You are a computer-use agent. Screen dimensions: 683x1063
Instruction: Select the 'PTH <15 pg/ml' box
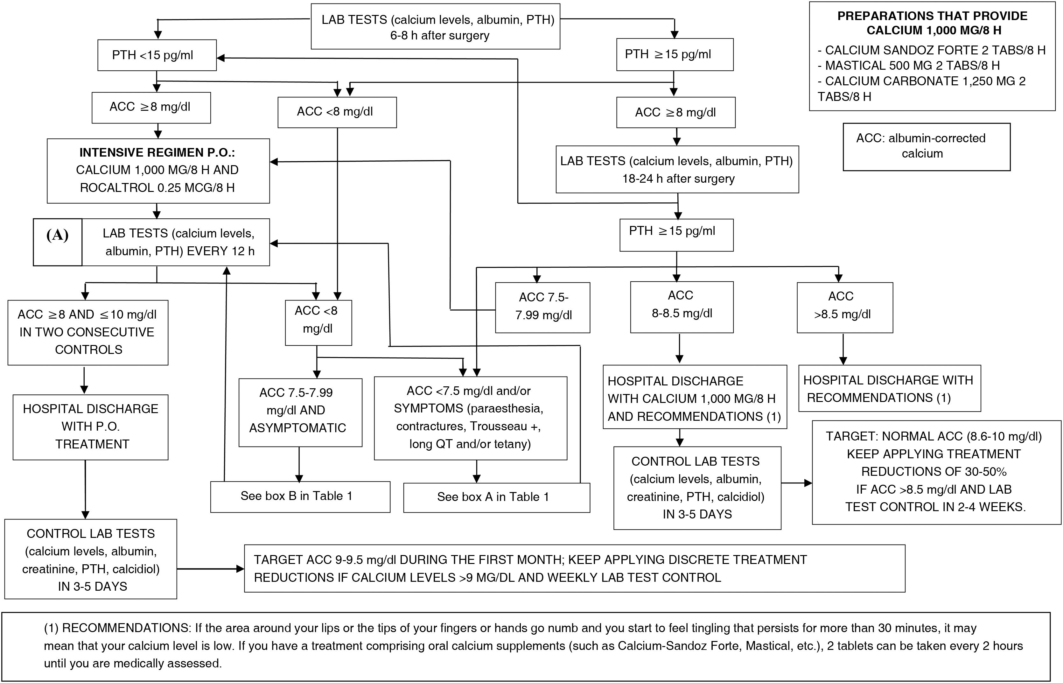(x=157, y=55)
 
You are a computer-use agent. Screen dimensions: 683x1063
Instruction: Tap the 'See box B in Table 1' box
(x=300, y=496)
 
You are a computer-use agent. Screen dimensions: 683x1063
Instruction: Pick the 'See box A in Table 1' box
(x=496, y=497)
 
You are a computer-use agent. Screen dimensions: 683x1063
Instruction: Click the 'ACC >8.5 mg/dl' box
(x=844, y=307)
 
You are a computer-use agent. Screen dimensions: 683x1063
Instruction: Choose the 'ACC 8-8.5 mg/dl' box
(x=681, y=306)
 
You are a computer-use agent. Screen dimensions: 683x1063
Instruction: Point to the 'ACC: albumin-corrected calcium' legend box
(x=926, y=147)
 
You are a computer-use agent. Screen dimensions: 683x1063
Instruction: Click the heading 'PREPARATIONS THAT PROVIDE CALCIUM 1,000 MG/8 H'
(x=932, y=23)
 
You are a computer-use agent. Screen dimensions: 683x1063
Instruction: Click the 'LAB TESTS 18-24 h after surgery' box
(x=677, y=169)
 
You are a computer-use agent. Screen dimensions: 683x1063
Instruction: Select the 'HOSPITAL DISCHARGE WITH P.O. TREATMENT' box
(x=90, y=427)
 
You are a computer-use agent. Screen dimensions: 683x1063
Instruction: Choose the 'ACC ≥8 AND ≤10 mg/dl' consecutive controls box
(x=88, y=332)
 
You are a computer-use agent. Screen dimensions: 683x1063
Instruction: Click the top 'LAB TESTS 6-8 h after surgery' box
(x=435, y=27)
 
